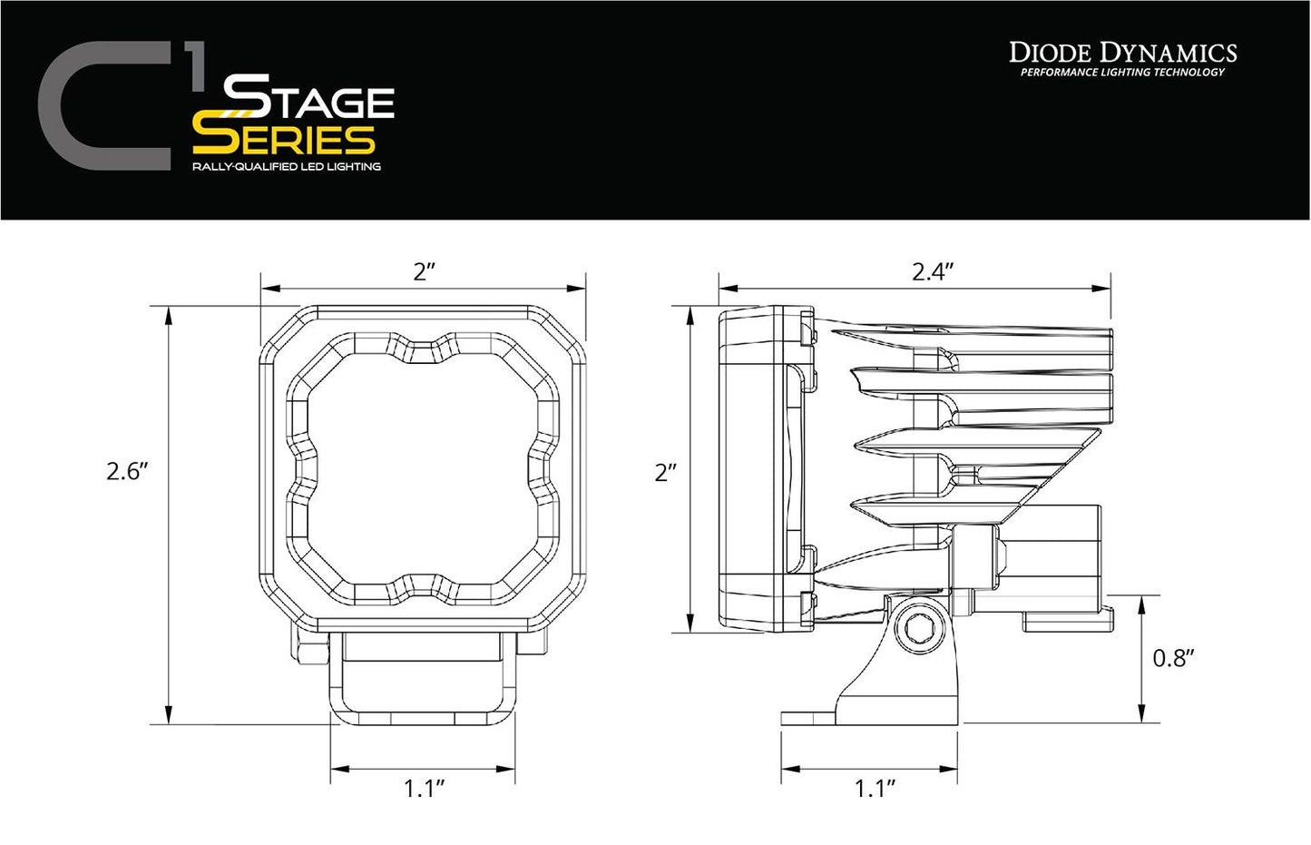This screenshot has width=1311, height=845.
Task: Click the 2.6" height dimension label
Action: [126, 471]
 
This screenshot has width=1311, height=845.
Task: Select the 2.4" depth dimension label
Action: [933, 271]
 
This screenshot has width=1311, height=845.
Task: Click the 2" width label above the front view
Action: [425, 271]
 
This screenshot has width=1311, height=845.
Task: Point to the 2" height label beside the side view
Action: [666, 472]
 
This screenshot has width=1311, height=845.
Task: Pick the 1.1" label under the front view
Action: [424, 788]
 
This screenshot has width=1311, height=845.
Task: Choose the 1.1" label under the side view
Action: [875, 788]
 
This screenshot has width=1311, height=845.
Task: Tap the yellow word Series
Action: [284, 139]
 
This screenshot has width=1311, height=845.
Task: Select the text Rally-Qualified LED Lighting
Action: [286, 167]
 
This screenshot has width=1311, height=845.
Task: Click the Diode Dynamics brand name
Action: [1122, 53]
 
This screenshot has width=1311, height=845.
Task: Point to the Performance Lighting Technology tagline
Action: [1122, 73]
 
